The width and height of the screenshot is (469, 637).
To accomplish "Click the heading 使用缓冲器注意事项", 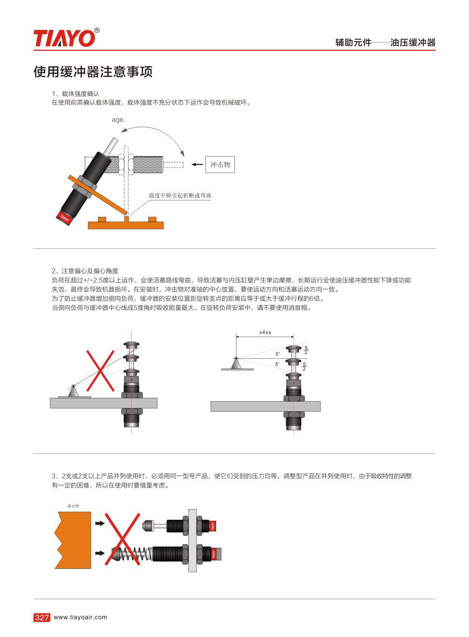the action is [93, 72].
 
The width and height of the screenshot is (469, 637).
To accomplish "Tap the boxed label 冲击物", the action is [220, 164].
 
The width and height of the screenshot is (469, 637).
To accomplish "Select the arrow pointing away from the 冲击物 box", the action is [197, 164].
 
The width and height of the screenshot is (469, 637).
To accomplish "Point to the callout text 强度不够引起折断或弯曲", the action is [180, 195].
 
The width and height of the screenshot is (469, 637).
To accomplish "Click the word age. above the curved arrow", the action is [118, 120].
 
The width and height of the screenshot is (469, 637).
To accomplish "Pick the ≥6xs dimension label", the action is [265, 332].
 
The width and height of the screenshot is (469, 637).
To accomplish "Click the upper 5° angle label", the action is [277, 354].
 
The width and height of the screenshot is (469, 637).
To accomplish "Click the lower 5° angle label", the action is [277, 364].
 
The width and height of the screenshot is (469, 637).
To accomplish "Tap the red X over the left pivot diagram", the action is [100, 371].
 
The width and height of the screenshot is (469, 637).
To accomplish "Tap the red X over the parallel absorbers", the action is [123, 539].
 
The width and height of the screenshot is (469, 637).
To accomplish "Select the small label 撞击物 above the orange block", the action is [73, 506].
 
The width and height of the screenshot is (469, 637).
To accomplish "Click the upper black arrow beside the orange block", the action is [100, 523].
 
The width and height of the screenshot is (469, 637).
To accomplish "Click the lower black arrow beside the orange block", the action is [100, 553].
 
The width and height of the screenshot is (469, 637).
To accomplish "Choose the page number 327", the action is [42, 617].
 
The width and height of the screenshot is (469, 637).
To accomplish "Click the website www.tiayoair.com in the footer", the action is [81, 617].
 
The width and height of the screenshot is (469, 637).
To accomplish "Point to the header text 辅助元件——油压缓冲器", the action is [385, 43].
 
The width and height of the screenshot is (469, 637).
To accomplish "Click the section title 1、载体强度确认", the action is [76, 93].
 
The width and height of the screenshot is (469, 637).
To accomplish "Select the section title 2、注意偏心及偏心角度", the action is [85, 271].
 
